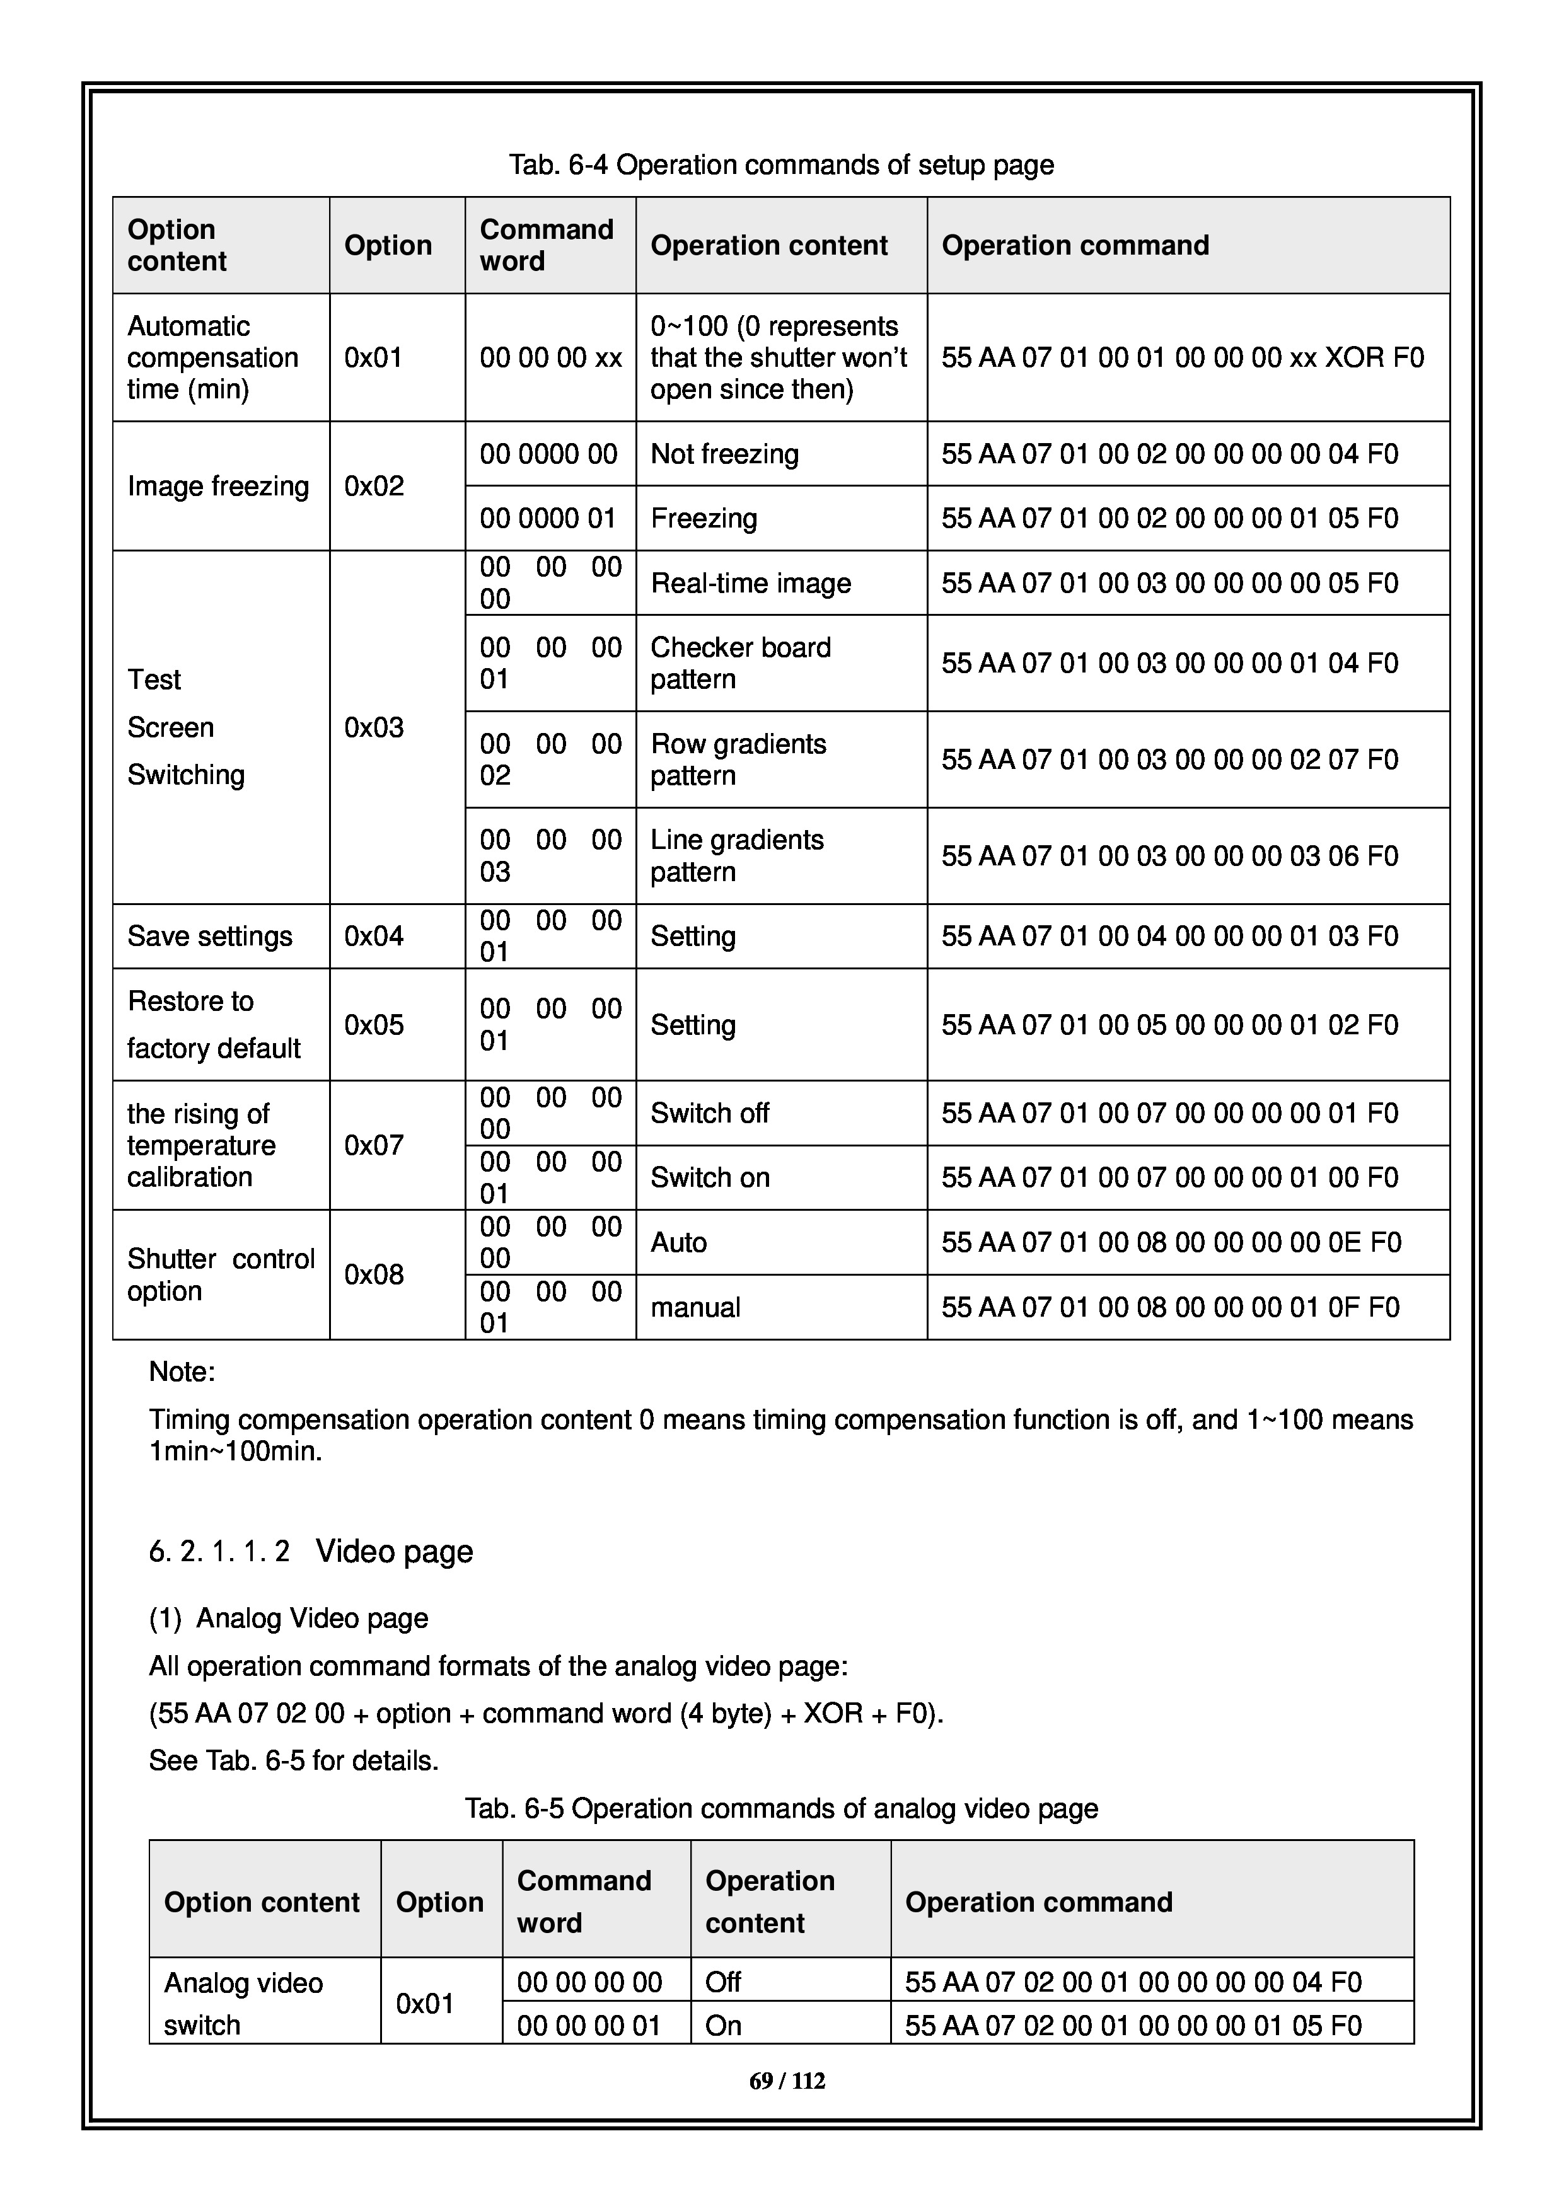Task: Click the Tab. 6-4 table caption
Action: pos(781,165)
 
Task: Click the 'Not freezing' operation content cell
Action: pos(724,454)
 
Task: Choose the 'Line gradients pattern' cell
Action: pos(737,855)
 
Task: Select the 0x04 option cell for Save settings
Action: pos(374,936)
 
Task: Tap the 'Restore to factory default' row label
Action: pos(214,1025)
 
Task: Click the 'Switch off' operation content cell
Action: pos(710,1113)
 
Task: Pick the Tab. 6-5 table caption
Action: pos(781,1808)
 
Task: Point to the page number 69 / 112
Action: pos(787,2081)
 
